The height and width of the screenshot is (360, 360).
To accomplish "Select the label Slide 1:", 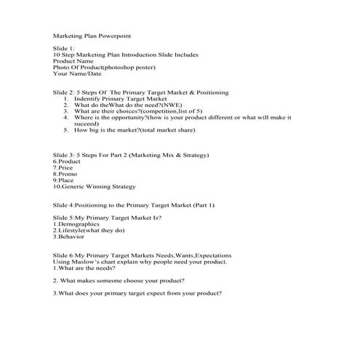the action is tap(64, 48).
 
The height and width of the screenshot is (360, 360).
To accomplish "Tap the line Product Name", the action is tap(73, 61).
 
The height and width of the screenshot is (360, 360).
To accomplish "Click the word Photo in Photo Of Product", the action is tap(61, 68).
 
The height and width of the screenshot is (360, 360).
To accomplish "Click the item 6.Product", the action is tap(67, 161).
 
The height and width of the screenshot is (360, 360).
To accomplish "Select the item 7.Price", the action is tap(63, 167).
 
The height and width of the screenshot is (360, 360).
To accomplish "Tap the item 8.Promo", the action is tap(65, 174).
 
